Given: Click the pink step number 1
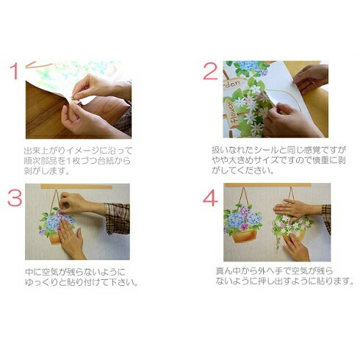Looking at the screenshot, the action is click(14, 71).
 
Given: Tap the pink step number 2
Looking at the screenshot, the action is click(211, 71).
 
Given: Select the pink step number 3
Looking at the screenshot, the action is click(15, 198).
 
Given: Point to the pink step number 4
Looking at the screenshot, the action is click(211, 198).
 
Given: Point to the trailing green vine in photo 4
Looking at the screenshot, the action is click(278, 240).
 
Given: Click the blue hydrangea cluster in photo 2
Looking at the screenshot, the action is click(248, 65).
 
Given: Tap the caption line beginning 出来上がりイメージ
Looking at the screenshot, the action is click(78, 150).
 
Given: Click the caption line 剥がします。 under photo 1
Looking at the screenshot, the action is click(46, 170).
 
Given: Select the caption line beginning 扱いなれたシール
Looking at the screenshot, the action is click(279, 150).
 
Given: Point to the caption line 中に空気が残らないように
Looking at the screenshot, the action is click(75, 272).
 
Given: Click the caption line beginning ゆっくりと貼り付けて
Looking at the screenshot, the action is click(82, 282).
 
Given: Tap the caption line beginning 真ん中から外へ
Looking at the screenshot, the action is click(275, 271).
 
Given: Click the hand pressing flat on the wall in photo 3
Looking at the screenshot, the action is click(71, 239).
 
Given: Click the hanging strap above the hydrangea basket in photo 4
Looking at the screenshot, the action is click(245, 196).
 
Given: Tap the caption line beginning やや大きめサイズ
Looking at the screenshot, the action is click(279, 160).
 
